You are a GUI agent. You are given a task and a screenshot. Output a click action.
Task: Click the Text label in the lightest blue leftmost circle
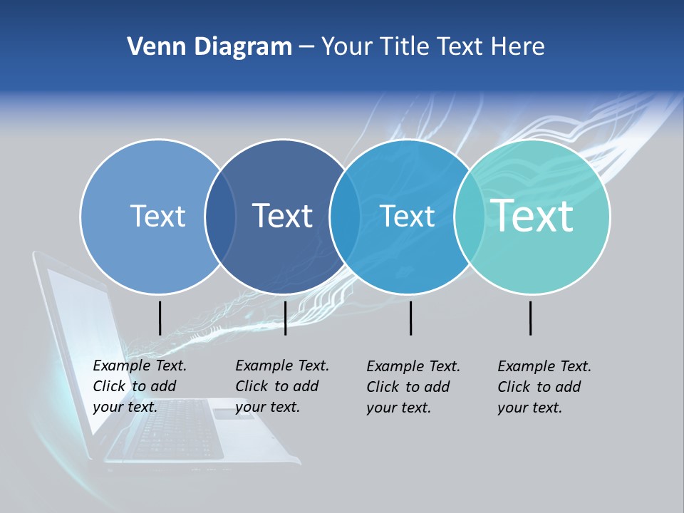point(157,216)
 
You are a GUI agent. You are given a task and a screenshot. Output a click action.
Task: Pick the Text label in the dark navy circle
point(282,216)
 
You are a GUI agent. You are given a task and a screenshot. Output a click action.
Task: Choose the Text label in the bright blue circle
point(407,216)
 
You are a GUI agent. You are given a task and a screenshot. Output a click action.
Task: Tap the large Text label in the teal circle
point(532,215)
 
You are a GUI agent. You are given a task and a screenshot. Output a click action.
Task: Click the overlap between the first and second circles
point(220,216)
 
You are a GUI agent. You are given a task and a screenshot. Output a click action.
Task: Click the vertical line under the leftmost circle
point(160,318)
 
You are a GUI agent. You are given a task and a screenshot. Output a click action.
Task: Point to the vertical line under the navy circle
point(285,318)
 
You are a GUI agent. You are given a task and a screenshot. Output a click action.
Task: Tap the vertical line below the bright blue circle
point(410,318)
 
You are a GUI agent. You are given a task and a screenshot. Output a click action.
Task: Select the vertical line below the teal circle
point(530,318)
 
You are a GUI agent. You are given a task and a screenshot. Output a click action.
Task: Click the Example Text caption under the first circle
point(139,386)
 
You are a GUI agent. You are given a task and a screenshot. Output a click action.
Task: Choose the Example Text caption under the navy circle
point(281,386)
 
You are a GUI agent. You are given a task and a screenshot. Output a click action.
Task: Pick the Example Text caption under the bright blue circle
point(413,387)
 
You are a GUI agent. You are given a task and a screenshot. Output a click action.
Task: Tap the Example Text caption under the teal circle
point(544,387)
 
